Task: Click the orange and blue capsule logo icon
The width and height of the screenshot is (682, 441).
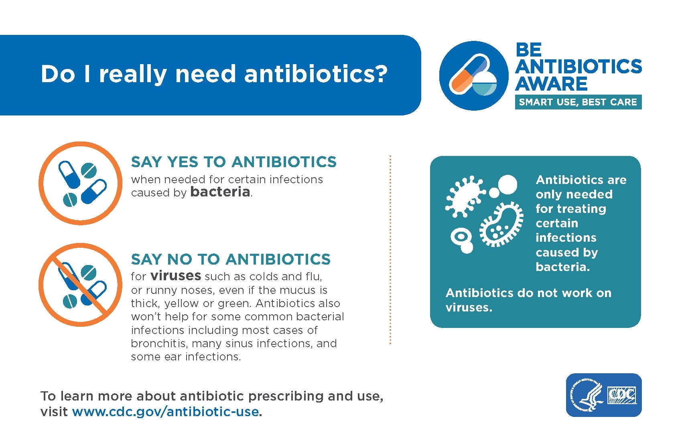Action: click(x=473, y=75)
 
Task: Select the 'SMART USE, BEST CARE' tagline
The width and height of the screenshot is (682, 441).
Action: click(x=578, y=102)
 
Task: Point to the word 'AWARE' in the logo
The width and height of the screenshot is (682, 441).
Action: click(x=551, y=84)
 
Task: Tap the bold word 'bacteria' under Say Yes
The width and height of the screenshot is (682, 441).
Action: click(x=220, y=192)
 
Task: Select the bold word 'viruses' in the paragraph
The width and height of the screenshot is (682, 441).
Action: click(x=176, y=275)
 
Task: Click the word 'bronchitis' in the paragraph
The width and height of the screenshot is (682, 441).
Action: click(x=158, y=343)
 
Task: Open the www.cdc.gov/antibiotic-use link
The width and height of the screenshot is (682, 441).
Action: click(x=166, y=412)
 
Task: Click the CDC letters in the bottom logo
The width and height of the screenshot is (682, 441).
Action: click(x=622, y=395)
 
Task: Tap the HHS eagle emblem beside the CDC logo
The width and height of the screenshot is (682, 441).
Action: click(x=587, y=395)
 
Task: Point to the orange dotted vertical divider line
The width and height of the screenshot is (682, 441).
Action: click(x=390, y=250)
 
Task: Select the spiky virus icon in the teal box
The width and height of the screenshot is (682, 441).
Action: click(x=465, y=196)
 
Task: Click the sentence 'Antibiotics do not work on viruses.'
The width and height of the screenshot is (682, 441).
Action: click(x=528, y=300)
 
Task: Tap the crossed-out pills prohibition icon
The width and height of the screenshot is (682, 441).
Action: click(x=80, y=285)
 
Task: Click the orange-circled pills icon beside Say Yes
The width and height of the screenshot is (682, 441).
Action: click(x=80, y=183)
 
